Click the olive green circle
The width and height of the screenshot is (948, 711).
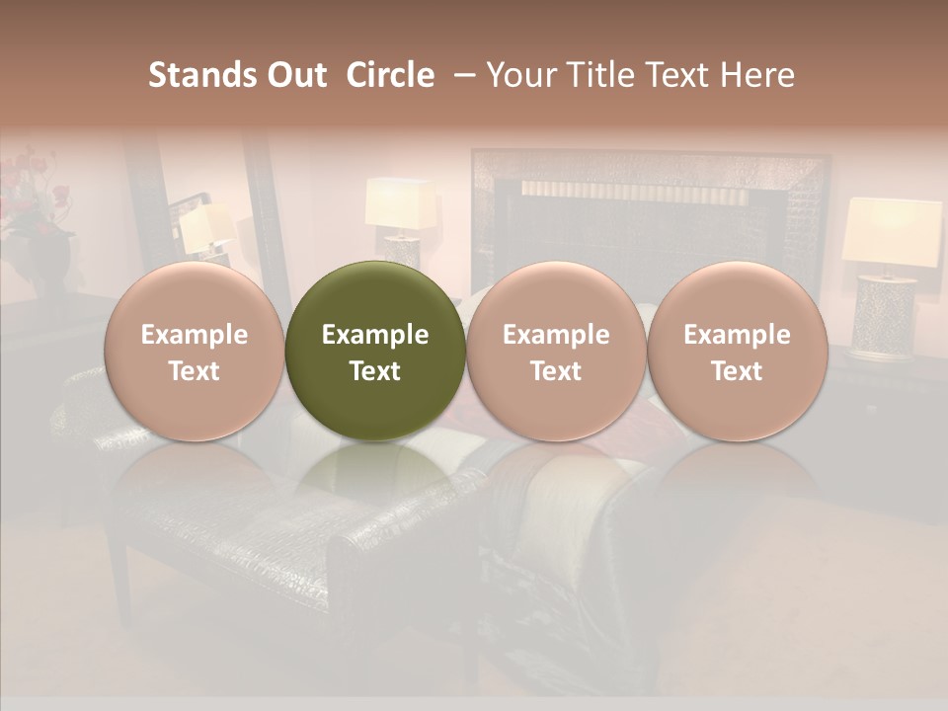click(375, 351)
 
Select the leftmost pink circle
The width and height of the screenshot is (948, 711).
click(195, 351)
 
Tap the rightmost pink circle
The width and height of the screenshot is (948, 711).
click(737, 351)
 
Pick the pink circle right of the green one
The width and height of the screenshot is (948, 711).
click(556, 351)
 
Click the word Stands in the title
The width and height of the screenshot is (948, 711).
click(197, 75)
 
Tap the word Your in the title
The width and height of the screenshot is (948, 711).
click(520, 75)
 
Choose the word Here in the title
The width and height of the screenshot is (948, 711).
click(756, 75)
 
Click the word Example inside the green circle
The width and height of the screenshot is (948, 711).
click(375, 335)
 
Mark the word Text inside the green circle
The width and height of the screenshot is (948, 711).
click(375, 371)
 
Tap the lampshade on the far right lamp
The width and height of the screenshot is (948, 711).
click(892, 230)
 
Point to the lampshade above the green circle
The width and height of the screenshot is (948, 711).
click(401, 202)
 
